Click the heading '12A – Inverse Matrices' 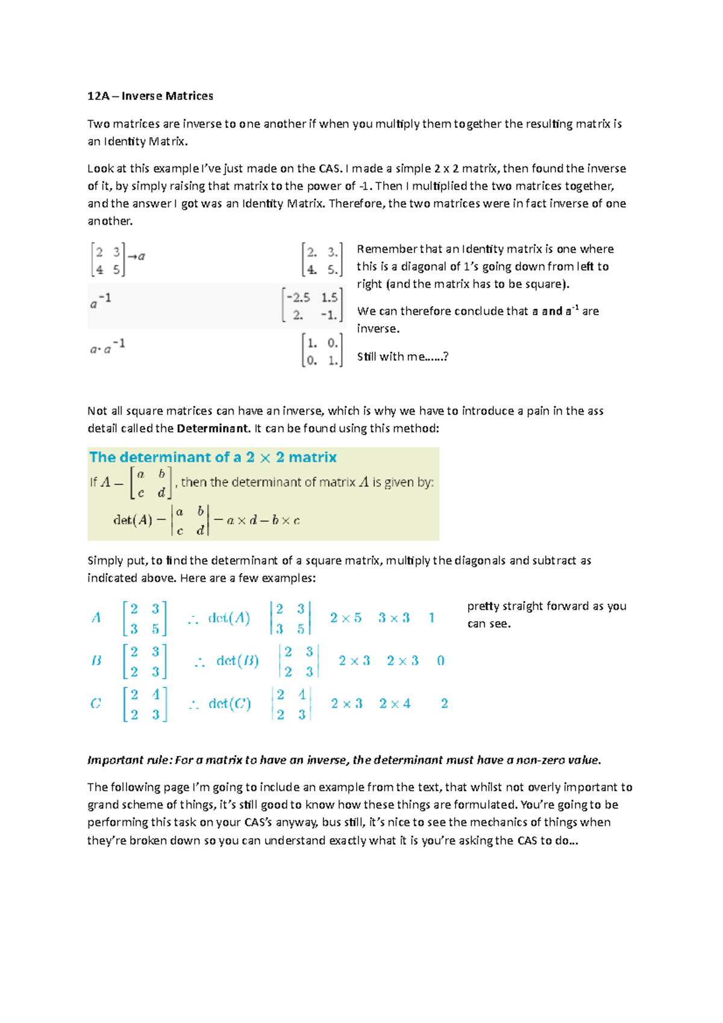coord(150,96)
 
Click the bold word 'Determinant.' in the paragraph coord(213,428)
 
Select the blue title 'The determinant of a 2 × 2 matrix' coord(213,457)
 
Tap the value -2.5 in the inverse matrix coord(298,298)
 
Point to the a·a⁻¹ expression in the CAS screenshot coord(107,347)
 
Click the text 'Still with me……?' coord(402,357)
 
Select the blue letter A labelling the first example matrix coord(96,618)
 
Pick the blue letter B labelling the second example coord(96,661)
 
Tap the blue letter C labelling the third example coord(95,704)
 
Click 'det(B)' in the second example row coord(237,661)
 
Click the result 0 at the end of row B coord(440,661)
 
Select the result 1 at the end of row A coord(431,618)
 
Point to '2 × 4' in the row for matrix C coord(395,704)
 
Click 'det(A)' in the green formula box coord(133,520)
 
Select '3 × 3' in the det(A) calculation coord(393,618)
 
